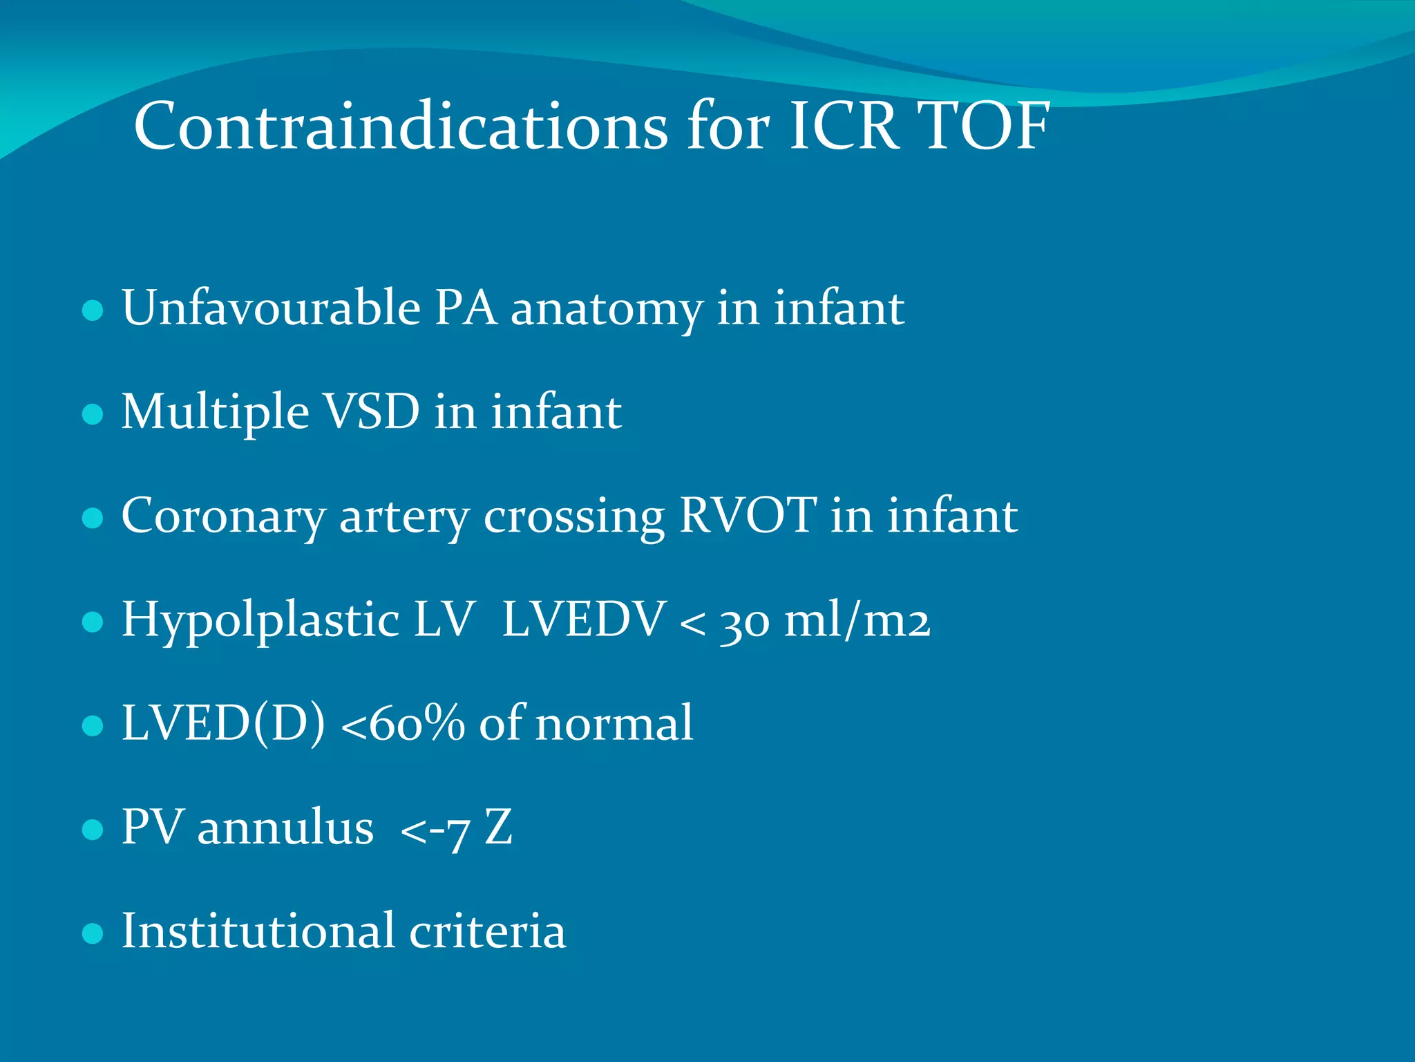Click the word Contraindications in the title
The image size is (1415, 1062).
401,126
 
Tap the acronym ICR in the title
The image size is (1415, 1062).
844,126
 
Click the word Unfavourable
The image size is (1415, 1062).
271,307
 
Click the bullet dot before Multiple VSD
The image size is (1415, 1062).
93,414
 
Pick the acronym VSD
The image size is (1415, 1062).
372,412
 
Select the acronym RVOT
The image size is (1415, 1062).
748,515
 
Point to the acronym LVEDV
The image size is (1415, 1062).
583,619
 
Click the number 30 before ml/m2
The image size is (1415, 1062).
745,621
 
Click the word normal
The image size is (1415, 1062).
614,723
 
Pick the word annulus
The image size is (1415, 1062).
285,827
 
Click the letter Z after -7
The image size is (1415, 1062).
498,827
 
